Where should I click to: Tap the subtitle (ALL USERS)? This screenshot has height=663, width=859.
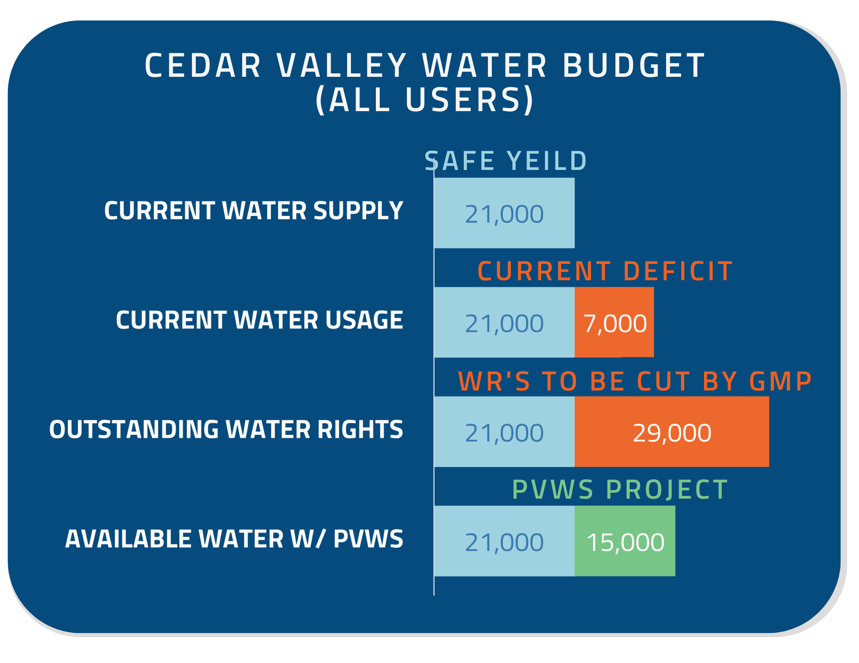coord(424,100)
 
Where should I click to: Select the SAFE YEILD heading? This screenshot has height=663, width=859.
coord(506,161)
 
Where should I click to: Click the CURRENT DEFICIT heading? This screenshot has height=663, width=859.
coord(605,271)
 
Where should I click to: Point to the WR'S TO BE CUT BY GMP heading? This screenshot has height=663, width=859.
coord(635,381)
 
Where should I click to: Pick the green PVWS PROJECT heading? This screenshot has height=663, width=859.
coord(620,490)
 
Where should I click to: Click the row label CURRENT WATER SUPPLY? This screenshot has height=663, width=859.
coord(253,211)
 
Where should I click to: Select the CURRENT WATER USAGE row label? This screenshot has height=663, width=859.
coord(259,320)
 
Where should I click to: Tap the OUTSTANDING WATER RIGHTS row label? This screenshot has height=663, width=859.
coord(226,430)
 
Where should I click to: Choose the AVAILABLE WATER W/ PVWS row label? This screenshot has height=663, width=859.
coord(234,539)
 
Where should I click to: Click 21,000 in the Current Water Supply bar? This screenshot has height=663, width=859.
coord(504,214)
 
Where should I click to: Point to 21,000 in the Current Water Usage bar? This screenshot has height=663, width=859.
coord(504,323)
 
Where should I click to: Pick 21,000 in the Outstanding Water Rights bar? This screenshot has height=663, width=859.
coord(504,433)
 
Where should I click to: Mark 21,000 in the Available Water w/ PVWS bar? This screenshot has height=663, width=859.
coord(504,542)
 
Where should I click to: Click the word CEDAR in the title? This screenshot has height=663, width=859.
coord(203,66)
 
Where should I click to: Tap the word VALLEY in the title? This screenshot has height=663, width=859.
coord(341,66)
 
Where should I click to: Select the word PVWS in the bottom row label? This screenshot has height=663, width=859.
coord(369,539)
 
